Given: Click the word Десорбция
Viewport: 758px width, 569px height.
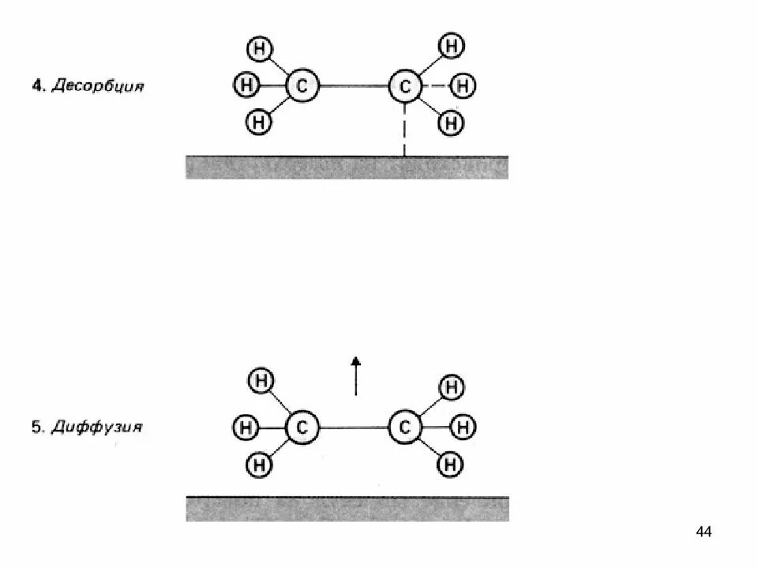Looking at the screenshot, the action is tap(99, 85).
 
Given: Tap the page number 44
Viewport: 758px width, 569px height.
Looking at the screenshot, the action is tap(704, 532).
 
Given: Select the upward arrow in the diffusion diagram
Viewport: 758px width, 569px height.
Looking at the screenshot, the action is tap(356, 375).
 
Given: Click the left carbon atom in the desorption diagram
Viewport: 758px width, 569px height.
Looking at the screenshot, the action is tap(301, 86).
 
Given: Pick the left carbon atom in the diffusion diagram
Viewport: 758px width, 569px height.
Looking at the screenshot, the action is tap(301, 428).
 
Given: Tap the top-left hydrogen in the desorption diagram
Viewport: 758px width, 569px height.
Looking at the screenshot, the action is tap(260, 49).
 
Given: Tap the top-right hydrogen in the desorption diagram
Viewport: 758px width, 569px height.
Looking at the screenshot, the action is tap(451, 46).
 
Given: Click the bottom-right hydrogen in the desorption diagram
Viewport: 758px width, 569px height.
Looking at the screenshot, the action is tap(451, 122).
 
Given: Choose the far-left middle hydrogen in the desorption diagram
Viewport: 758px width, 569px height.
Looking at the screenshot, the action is tap(246, 83).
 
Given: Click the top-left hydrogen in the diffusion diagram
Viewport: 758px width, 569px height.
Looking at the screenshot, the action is tap(261, 382).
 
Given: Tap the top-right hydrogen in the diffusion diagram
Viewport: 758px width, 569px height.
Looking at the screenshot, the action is tap(451, 388).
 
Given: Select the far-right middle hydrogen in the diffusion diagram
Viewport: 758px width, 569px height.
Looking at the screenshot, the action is tap(465, 428).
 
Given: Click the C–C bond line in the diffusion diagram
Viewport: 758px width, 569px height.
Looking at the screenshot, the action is tap(353, 428).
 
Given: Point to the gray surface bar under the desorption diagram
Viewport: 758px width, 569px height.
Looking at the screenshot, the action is tap(347, 168).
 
